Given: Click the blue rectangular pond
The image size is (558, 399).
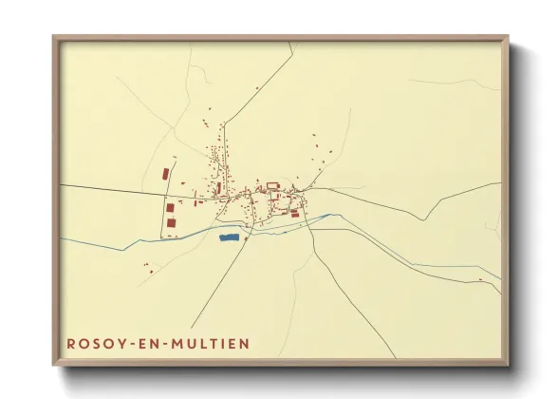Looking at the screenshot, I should point(228,237).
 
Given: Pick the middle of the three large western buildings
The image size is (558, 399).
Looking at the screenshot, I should point(170,206).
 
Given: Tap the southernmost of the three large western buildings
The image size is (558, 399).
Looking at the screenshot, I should point(172,222).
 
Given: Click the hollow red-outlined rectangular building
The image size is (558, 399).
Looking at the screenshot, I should point(273,184).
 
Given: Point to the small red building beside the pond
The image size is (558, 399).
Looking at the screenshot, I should point(246,238).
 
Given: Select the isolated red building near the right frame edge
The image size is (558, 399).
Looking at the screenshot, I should point(481,280).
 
